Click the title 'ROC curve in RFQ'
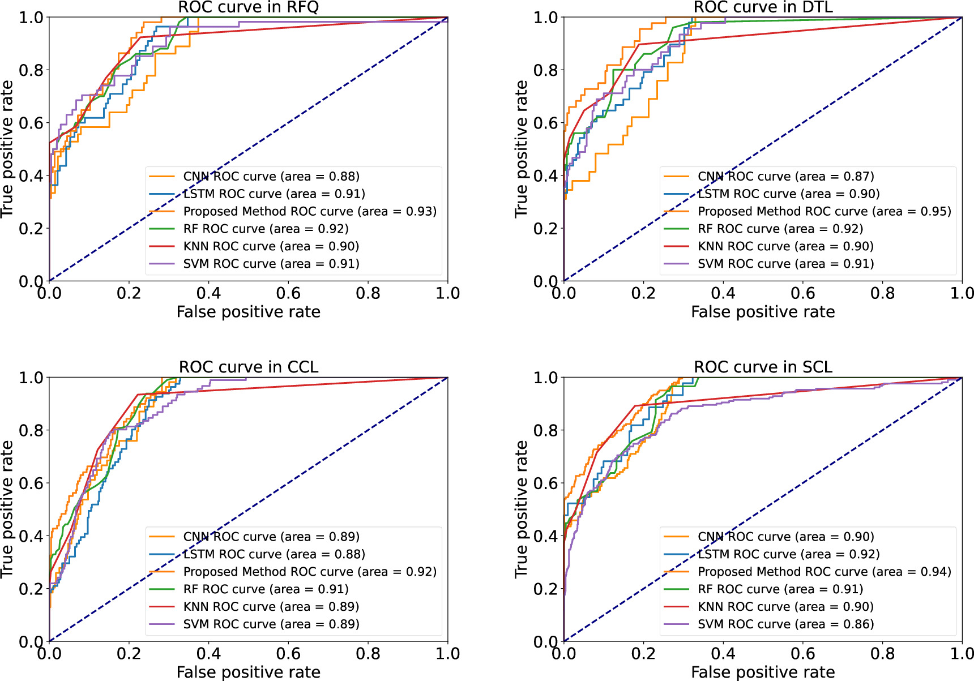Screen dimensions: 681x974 point(248,7)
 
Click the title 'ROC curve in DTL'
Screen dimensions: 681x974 point(763,7)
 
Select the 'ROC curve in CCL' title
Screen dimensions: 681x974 point(248,367)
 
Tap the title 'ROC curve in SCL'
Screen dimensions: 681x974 point(763,367)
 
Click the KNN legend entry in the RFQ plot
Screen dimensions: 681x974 point(271,246)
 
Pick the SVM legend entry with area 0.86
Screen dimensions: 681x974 point(785,624)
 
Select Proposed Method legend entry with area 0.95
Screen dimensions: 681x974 point(824,211)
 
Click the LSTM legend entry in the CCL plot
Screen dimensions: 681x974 point(274,554)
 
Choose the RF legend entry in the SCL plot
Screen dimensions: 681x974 point(780,589)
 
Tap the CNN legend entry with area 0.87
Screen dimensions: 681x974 point(785,177)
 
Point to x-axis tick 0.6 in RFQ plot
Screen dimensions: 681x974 point(288,293)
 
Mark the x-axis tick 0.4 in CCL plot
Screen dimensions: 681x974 point(208,654)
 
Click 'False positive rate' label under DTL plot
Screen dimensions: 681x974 point(763,312)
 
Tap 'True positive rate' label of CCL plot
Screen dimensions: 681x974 point(7,509)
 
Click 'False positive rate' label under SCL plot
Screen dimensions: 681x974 point(763,672)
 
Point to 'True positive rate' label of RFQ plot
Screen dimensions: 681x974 point(7,149)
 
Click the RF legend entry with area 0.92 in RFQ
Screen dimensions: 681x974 point(266,229)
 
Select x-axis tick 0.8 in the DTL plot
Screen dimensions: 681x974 point(882,293)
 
